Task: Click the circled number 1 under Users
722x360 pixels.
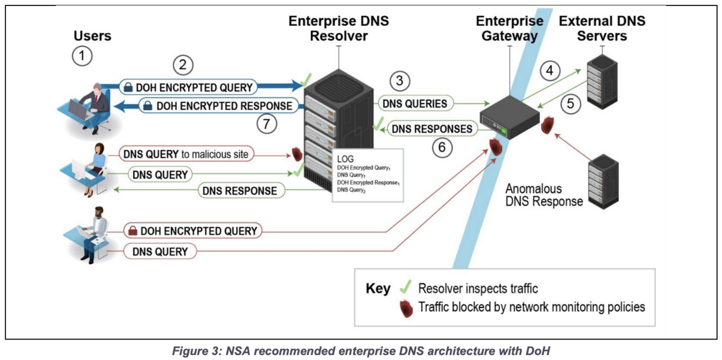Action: [x=82, y=56]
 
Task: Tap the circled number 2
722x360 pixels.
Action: [x=183, y=64]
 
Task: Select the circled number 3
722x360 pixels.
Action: [x=400, y=80]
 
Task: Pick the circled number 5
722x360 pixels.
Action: [x=570, y=104]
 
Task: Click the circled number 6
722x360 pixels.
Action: [x=443, y=147]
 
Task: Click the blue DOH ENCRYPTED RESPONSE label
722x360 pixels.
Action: [x=218, y=107]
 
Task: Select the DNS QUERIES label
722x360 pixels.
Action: [x=415, y=104]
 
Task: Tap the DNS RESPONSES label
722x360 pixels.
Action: [x=431, y=128]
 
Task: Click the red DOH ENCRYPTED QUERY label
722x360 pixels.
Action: [x=192, y=231]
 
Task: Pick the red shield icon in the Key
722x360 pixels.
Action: [x=406, y=308]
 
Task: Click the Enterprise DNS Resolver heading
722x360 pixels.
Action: [x=339, y=28]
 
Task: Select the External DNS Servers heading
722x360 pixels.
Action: [x=602, y=28]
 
